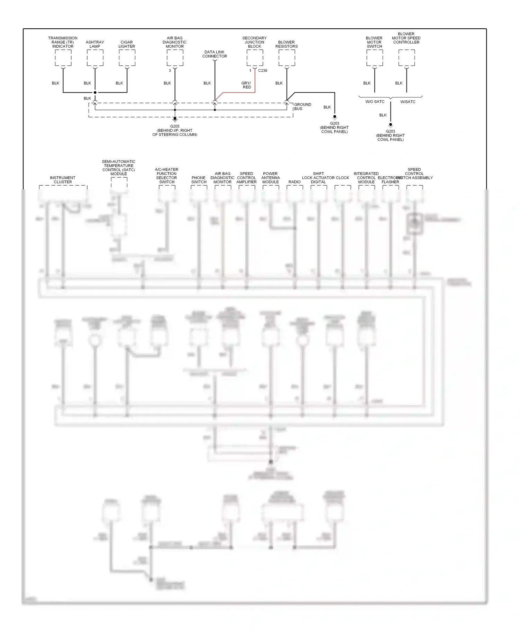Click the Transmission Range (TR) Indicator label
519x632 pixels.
63,42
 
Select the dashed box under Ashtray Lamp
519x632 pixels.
95,58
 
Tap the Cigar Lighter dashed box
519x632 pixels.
127,58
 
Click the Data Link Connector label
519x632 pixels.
215,54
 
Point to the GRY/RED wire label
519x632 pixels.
246,85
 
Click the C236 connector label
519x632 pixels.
263,71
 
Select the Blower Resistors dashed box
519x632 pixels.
286,58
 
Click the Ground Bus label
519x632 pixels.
302,106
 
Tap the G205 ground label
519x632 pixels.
175,127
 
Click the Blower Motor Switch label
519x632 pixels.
374,42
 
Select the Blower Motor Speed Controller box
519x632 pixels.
407,58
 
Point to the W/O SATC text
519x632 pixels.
375,102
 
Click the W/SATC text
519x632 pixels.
408,102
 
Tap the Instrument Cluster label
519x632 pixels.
63,180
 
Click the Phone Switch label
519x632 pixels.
199,180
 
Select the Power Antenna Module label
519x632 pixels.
271,178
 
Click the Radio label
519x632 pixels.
294,182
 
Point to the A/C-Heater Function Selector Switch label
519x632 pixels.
167,176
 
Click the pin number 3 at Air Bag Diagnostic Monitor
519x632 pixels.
170,71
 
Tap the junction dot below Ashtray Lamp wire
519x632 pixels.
95,92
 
